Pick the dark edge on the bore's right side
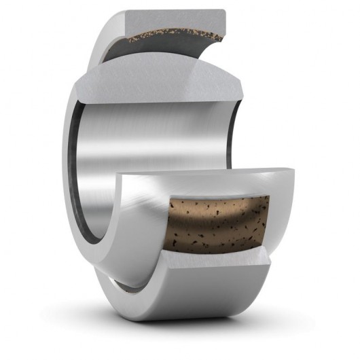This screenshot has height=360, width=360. coord(234,129)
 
